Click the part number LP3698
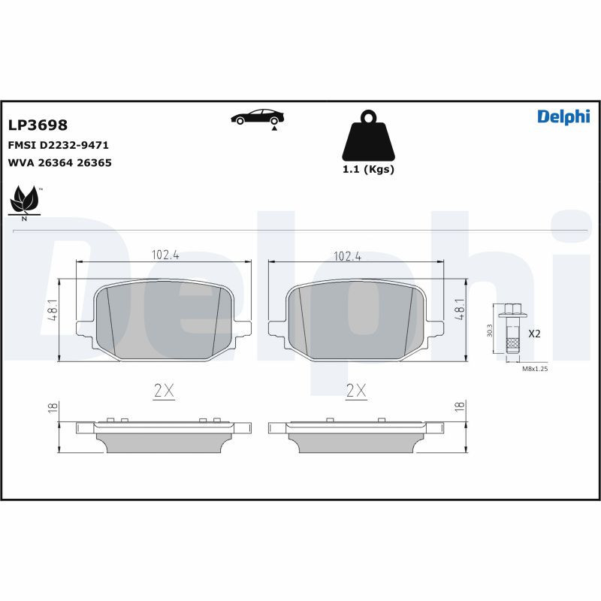point(38,125)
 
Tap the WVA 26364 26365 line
point(59,162)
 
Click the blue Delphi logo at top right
point(563,116)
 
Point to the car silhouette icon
point(258,117)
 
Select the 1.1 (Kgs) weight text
point(368,169)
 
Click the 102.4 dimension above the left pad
point(165,255)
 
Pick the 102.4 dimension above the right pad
point(348,256)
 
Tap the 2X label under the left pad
point(164,390)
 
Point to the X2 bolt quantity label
point(534,333)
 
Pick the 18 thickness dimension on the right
point(460,406)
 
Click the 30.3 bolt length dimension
point(489,331)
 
